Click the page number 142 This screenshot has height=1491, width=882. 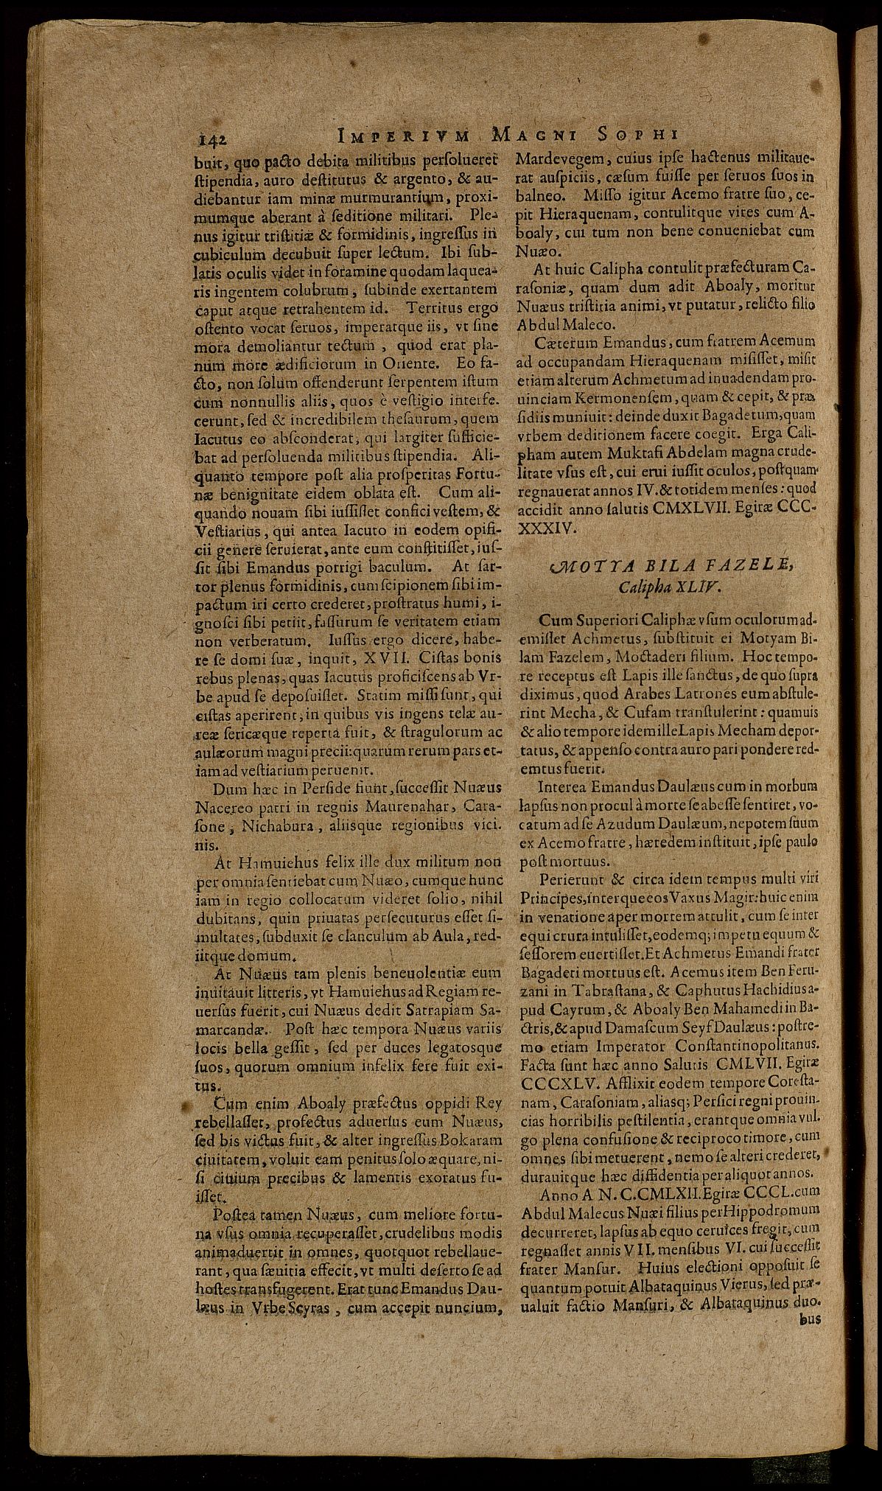pyautogui.click(x=211, y=137)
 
